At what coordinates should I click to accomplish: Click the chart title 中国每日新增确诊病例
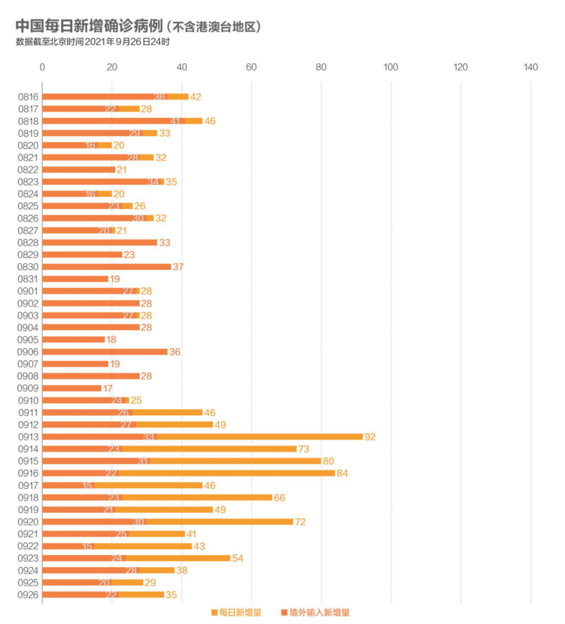click(x=89, y=26)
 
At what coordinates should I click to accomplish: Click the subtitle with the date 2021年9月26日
click(x=93, y=42)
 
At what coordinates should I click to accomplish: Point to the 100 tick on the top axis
click(x=390, y=67)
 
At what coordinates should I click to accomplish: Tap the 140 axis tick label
click(x=530, y=67)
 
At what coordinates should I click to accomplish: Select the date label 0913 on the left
click(x=28, y=437)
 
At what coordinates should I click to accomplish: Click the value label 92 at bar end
click(x=370, y=437)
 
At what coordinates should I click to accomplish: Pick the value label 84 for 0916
click(x=342, y=473)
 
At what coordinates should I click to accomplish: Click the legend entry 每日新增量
click(x=236, y=612)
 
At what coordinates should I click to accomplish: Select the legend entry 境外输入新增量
click(x=315, y=612)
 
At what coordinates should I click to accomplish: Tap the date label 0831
click(x=28, y=279)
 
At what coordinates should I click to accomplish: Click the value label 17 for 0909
click(x=107, y=389)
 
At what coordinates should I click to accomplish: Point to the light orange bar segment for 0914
click(x=209, y=449)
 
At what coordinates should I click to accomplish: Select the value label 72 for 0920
click(x=300, y=522)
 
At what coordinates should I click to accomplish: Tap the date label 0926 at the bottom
click(x=28, y=595)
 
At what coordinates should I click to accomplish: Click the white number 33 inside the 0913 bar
click(x=149, y=437)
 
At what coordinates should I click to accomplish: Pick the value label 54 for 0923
click(x=238, y=558)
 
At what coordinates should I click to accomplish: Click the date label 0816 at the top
click(x=28, y=97)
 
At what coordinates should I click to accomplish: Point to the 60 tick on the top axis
click(x=251, y=67)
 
